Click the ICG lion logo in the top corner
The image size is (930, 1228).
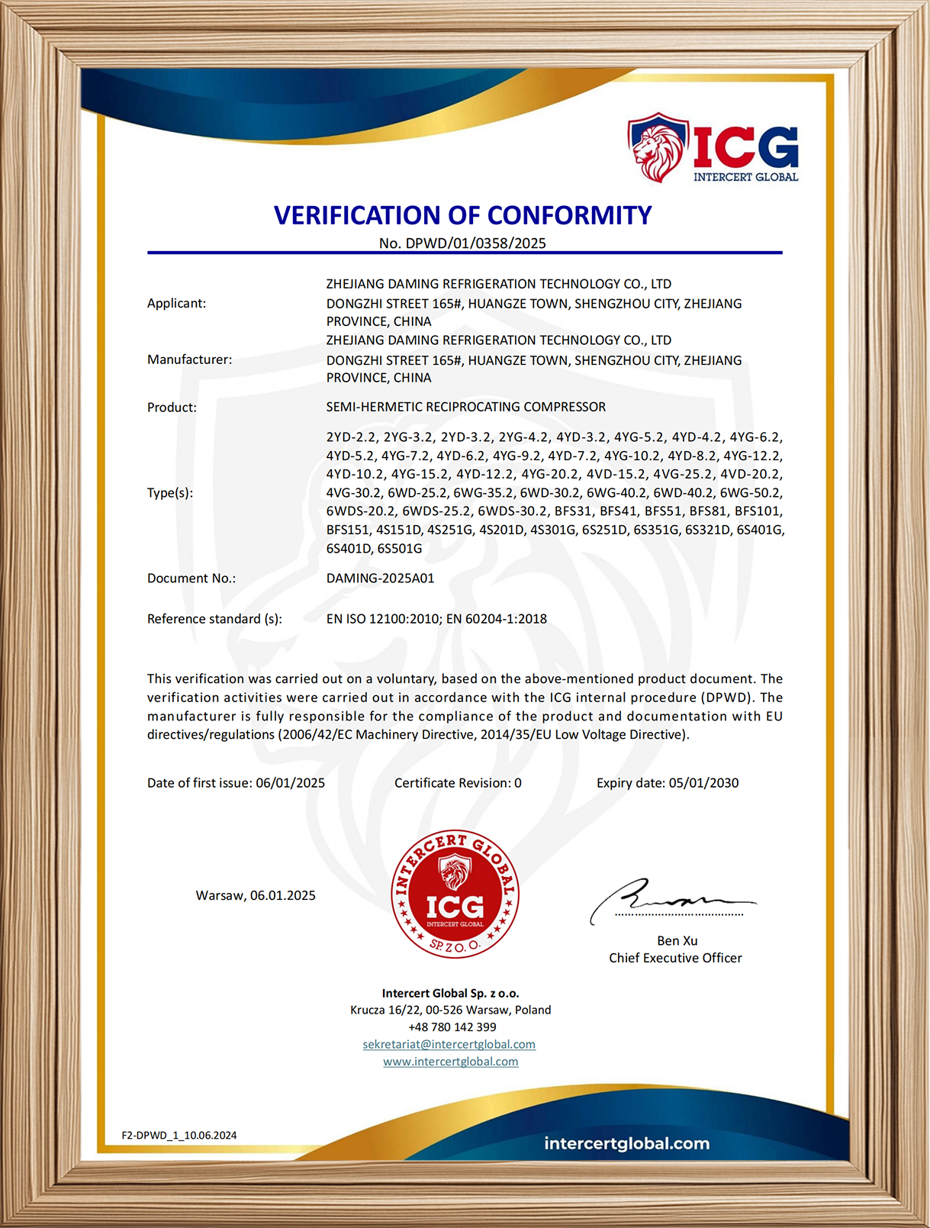point(713,148)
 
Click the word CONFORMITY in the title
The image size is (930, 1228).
point(570,216)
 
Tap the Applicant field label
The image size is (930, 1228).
point(176,303)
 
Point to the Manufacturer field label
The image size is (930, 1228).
point(189,359)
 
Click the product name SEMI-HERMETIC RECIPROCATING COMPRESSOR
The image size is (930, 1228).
point(465,407)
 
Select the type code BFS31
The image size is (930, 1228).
point(573,511)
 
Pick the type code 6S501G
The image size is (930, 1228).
point(400,548)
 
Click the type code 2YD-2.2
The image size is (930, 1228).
point(351,437)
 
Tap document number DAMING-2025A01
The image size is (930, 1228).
point(380,578)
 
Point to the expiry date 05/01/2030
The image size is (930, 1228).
point(703,783)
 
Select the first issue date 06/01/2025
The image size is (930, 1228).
point(290,783)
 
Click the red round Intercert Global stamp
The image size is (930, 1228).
point(455,894)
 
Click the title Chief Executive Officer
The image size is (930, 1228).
point(675,958)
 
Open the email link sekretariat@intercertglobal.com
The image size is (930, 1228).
point(449,1044)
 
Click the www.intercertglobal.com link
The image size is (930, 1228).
point(450,1062)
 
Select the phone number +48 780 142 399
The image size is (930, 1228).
point(452,1027)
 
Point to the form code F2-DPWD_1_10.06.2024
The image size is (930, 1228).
point(179,1135)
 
